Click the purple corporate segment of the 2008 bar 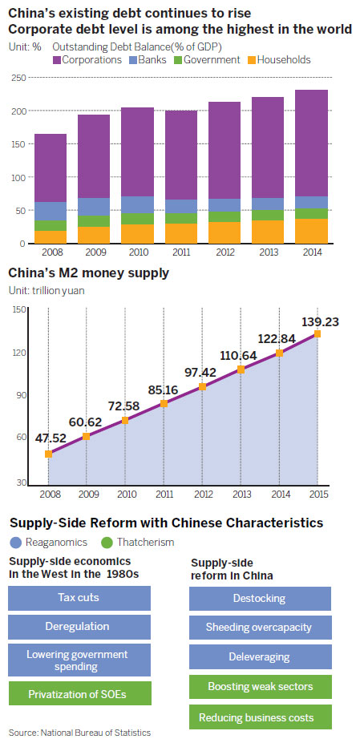pos(50,168)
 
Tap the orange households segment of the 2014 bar pos(312,231)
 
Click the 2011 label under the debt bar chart pos(181,251)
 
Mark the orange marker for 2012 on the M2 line pos(202,386)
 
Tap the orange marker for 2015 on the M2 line pos(318,333)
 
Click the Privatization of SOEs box pos(79,693)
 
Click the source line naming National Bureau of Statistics pos(79,733)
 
